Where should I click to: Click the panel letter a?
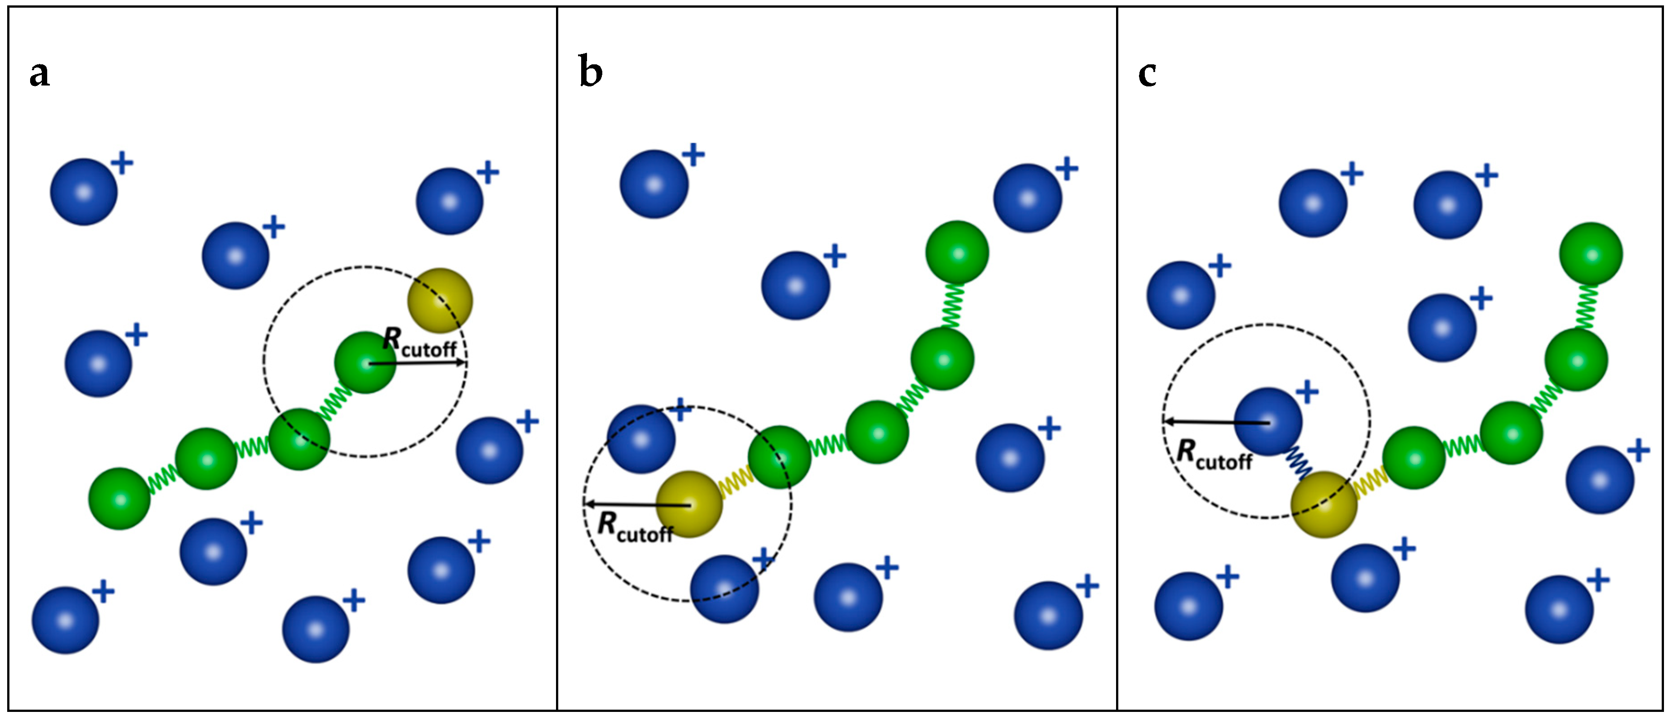coord(40,74)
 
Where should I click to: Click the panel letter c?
coord(1147,74)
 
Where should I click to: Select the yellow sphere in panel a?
coord(440,301)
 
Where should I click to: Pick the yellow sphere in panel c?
coord(1324,504)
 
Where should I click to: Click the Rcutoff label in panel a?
coord(420,343)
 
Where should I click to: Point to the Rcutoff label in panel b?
coord(635,527)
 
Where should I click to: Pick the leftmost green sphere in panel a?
coord(119,499)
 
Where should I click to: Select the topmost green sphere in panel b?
coord(957,252)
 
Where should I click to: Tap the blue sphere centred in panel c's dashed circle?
coord(1268,422)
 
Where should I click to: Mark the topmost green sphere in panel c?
coord(1590,253)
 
